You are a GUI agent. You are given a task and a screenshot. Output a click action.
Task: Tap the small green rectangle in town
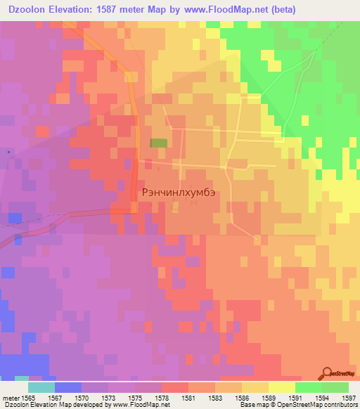click(x=159, y=143)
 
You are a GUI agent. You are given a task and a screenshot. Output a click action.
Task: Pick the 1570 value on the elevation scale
click(x=82, y=397)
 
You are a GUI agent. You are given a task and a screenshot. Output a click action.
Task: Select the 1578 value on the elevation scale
click(x=162, y=397)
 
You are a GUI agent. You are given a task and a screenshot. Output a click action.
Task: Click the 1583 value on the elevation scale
click(x=215, y=397)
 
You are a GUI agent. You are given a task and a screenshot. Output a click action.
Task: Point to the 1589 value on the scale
click(x=269, y=397)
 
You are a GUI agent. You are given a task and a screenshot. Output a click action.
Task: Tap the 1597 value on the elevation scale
click(x=349, y=397)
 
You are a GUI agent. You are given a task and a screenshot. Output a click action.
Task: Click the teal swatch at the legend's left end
click(x=41, y=387)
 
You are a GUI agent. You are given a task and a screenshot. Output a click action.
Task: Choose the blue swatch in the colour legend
click(x=67, y=387)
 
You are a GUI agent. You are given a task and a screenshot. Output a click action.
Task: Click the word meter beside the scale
click(x=9, y=397)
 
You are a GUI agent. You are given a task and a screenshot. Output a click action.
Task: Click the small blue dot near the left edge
click(x=8, y=151)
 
